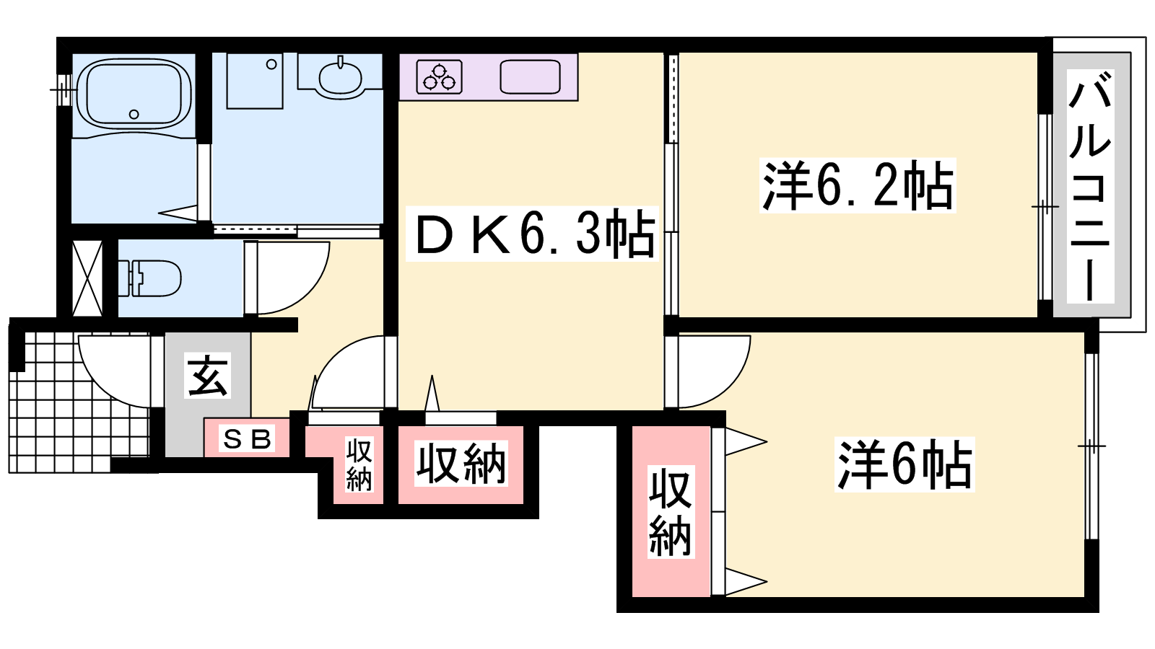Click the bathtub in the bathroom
coord(133,94)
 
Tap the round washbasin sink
coord(340,78)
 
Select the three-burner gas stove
coord(439,76)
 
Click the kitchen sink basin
coord(530,76)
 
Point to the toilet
coord(149,278)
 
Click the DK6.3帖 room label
coord(532,234)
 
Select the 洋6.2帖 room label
coord(858,185)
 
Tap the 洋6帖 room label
coord(905,464)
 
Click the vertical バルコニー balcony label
coord(1090,187)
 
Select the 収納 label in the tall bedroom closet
coord(671,511)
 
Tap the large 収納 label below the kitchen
coord(461,464)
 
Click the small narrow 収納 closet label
coord(359,464)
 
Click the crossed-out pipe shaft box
coord(87,278)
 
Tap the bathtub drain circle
coord(134,114)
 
